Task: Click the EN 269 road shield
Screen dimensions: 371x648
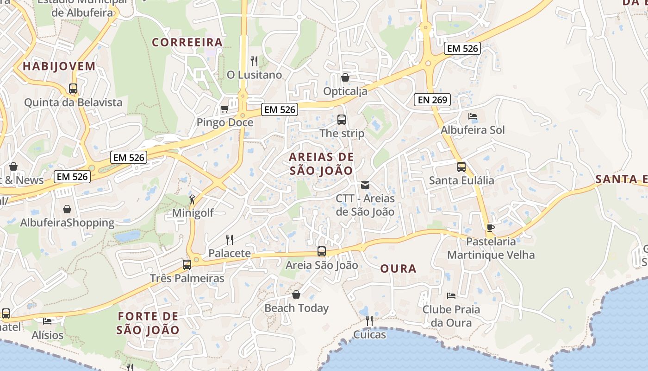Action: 432,99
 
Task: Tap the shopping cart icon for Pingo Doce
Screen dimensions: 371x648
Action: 224,109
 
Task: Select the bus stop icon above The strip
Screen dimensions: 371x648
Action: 342,120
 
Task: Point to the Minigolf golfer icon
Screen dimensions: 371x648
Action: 192,200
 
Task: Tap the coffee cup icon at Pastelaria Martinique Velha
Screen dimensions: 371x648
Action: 491,228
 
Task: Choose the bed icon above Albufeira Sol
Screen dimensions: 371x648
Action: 472,116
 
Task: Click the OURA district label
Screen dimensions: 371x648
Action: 398,269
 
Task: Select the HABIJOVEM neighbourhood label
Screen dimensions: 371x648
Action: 59,66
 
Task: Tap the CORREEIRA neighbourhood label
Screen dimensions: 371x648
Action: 187,42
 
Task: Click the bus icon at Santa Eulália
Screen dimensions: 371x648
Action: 461,167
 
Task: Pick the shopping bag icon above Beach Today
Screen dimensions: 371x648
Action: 296,295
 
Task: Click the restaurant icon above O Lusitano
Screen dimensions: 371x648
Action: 254,61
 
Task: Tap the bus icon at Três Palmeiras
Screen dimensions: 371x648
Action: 187,265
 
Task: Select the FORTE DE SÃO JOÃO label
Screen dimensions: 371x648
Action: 148,323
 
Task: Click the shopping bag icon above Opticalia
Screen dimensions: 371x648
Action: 345,77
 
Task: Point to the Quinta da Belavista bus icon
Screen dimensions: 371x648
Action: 73,89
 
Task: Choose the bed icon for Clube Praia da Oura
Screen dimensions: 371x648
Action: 451,296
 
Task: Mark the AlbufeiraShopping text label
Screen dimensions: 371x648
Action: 67,223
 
